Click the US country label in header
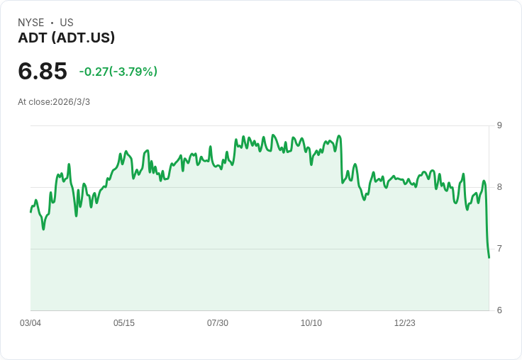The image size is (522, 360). tap(67, 23)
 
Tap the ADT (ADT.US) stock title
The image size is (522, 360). tap(66, 38)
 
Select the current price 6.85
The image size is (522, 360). tap(43, 71)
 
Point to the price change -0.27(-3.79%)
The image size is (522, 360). tap(118, 72)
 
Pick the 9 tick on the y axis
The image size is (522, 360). tap(499, 125)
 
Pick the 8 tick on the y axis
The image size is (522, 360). tap(499, 187)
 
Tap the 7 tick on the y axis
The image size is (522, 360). tap(499, 249)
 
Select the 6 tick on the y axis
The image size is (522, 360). tap(499, 310)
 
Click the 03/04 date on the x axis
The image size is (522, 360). tap(30, 323)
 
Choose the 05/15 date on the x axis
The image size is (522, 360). tap(124, 323)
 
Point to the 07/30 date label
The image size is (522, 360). tap(218, 323)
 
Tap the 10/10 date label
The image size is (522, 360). tap(311, 323)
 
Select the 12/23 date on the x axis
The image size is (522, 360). tap(405, 323)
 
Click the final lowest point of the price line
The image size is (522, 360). tap(489, 257)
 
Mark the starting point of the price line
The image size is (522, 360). tap(30, 212)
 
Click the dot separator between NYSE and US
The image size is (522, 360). tap(52, 23)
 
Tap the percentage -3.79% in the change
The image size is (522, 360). tap(133, 72)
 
